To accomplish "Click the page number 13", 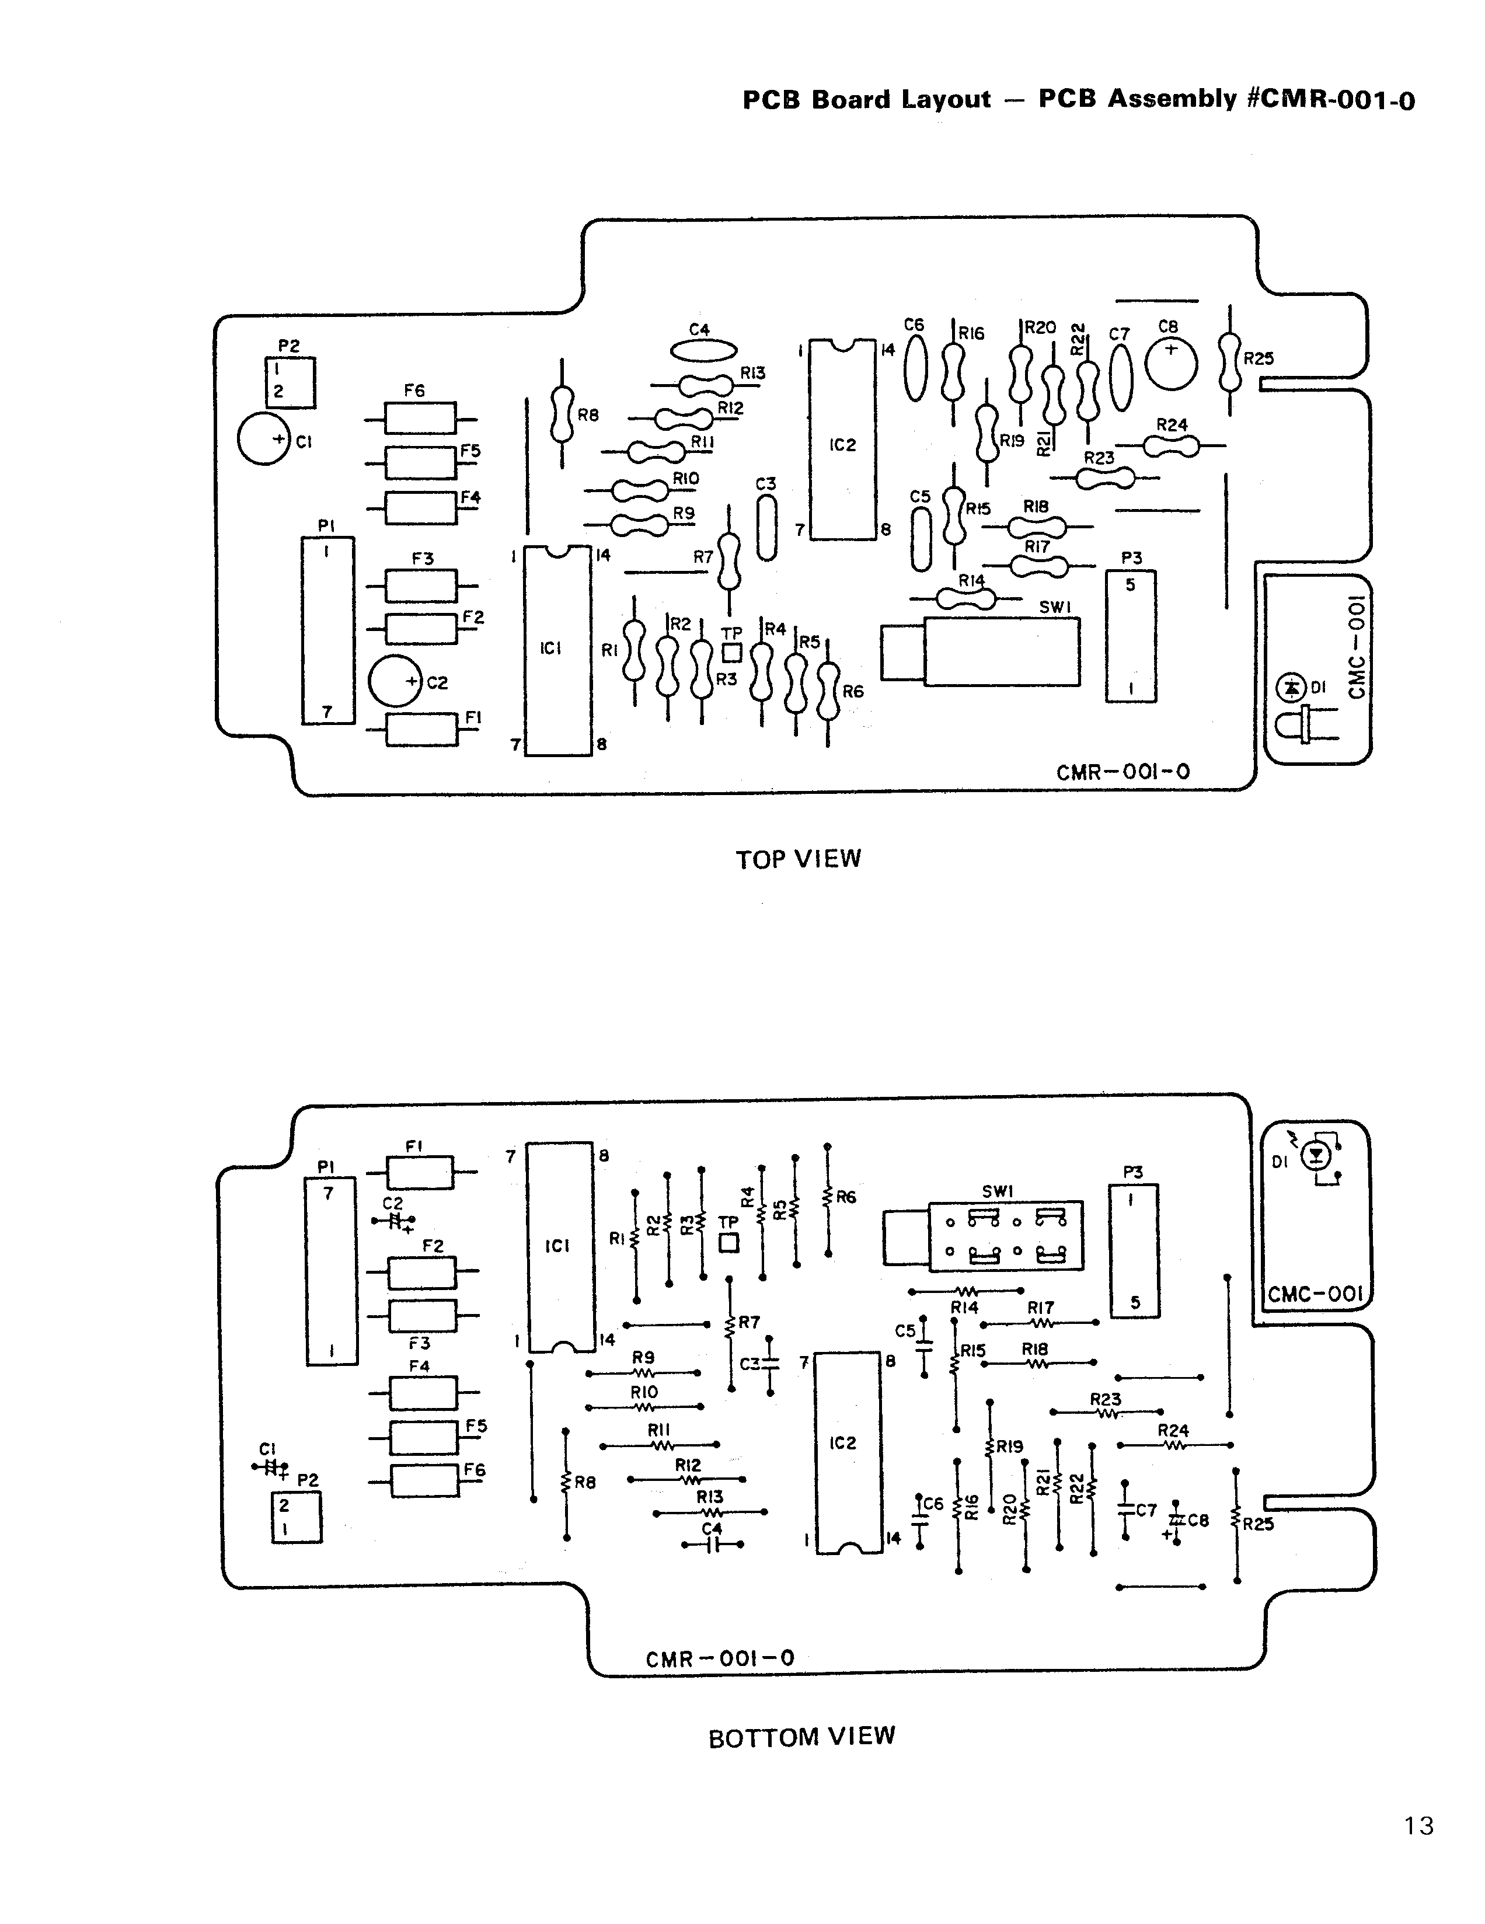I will coord(1418,1825).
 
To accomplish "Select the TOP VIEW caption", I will coord(798,859).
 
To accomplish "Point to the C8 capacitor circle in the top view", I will coord(1172,364).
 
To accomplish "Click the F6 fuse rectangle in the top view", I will coord(420,417).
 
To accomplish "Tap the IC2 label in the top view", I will coord(843,445).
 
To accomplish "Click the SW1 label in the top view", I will coord(1054,608).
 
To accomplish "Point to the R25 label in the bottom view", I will coord(1258,1523).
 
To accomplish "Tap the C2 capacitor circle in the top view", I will coord(395,681).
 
